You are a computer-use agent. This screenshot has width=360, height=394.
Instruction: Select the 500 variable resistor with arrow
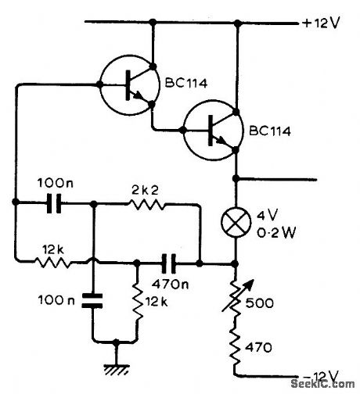(236, 297)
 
